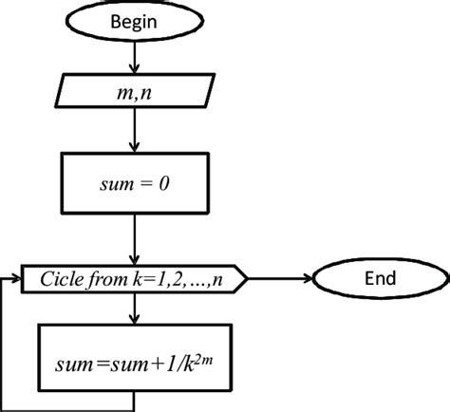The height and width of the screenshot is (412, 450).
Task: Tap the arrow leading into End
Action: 285,279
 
